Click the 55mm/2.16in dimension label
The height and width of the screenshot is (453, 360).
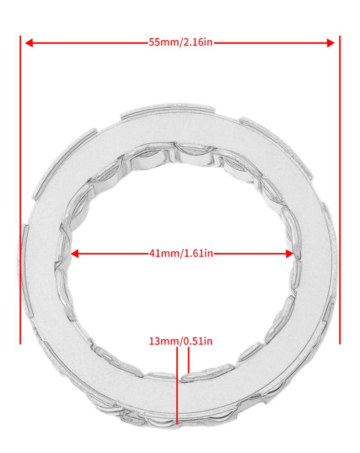click(x=180, y=42)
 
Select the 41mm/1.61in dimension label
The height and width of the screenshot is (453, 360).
click(x=180, y=253)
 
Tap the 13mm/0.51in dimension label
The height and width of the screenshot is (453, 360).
click(x=180, y=341)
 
